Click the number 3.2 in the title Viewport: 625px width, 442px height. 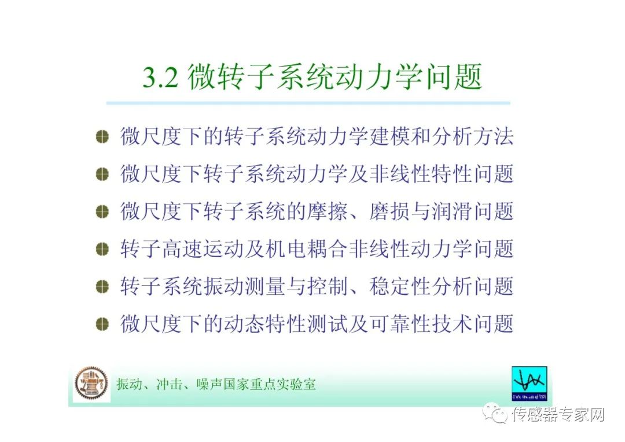(160, 78)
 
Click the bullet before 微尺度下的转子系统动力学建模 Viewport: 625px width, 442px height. (102, 137)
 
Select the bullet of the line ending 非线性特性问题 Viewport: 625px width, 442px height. (102, 174)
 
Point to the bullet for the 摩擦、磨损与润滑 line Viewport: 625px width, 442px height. (102, 211)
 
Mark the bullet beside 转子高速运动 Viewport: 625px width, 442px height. (102, 249)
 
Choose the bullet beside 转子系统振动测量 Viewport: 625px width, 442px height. (102, 286)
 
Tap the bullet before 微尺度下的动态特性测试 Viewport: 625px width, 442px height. (102, 323)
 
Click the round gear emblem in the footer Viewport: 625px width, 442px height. (91, 383)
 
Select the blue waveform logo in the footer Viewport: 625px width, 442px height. (530, 383)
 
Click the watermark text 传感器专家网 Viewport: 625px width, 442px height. (558, 414)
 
